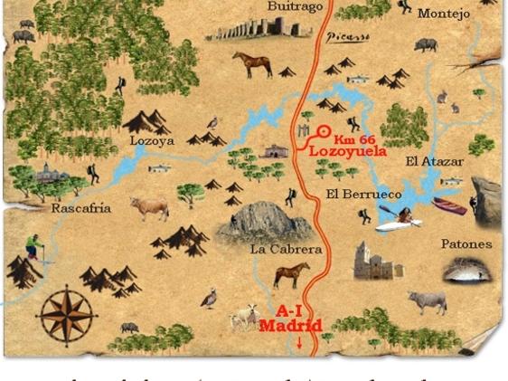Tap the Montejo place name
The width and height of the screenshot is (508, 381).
click(x=445, y=14)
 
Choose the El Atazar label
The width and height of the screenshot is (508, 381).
click(x=435, y=162)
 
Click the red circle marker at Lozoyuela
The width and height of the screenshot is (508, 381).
click(x=323, y=131)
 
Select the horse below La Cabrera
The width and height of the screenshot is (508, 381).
click(x=291, y=272)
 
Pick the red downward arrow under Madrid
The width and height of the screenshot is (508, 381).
click(x=299, y=343)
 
